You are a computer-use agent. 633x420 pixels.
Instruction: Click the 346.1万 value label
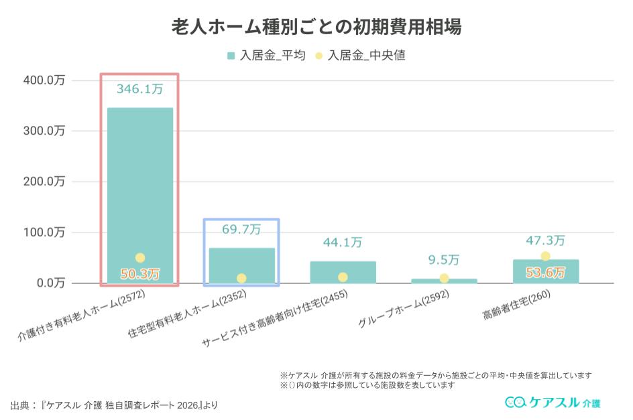(139, 88)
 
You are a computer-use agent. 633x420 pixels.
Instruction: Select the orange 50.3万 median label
(139, 273)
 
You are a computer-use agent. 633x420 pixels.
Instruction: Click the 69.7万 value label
(241, 230)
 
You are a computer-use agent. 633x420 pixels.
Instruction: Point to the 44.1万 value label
(343, 242)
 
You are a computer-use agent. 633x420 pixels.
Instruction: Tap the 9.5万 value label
(444, 260)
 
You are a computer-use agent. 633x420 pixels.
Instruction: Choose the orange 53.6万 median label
(545, 273)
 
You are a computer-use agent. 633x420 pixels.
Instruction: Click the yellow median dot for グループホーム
(444, 278)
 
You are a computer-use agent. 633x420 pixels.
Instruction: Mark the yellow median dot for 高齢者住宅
(545, 256)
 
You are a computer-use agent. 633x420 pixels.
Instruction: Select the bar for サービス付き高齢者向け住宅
(343, 272)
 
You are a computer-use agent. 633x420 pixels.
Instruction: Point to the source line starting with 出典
(114, 405)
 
